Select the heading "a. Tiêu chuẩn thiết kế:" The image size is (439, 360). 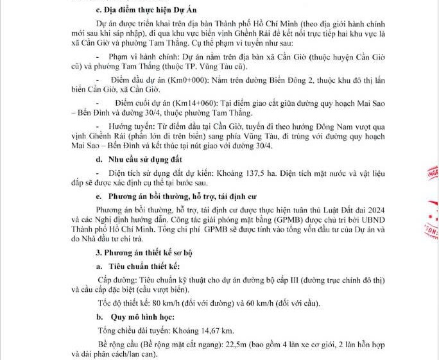(x=138, y=266)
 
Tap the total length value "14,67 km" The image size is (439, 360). (x=216, y=330)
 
